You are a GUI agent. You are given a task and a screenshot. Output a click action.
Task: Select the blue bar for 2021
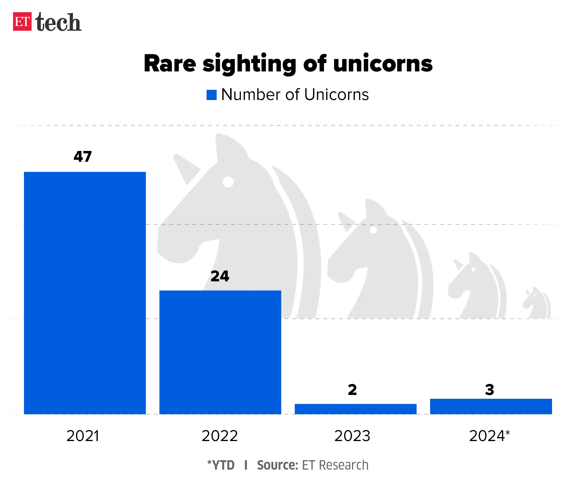85,293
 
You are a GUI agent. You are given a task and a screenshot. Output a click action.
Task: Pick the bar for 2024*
491,406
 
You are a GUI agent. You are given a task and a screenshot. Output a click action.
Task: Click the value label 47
82,157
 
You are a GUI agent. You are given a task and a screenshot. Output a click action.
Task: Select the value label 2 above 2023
352,389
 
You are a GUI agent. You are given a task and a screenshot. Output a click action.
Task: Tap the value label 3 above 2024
489,389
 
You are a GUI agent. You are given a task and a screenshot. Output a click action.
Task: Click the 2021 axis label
82,436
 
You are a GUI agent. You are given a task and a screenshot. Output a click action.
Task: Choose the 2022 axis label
220,436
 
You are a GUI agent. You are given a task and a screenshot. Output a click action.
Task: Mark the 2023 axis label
352,436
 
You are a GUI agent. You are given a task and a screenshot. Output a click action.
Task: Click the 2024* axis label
489,436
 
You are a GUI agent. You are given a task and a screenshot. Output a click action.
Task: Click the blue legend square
212,95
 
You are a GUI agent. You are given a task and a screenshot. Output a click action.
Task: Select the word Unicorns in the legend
336,95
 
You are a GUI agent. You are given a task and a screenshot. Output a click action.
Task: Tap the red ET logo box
22,21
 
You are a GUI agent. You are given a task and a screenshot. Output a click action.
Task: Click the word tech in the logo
58,22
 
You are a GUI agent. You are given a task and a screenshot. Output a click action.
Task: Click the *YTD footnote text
221,465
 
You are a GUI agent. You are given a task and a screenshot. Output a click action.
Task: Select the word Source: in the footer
277,465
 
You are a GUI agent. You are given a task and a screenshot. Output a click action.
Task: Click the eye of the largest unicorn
228,182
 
